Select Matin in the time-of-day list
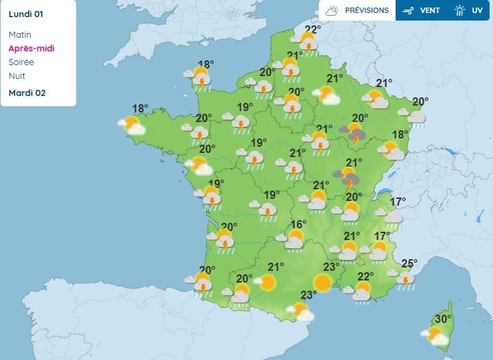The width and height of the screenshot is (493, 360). point(20,34)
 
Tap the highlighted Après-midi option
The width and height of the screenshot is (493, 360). point(32,48)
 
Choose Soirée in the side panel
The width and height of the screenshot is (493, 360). point(21,62)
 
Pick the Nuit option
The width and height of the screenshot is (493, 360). point(16,75)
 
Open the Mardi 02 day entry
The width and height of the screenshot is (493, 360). point(27,93)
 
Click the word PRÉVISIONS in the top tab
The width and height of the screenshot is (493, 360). point(367,10)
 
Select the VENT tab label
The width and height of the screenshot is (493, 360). point(429,10)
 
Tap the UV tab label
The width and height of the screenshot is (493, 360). point(477,10)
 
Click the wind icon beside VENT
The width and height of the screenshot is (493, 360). point(409,10)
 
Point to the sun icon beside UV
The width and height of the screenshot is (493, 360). point(460,10)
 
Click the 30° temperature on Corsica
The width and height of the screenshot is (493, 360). point(444,319)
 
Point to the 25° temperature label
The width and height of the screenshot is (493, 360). point(409,263)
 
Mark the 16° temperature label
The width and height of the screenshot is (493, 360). point(298,225)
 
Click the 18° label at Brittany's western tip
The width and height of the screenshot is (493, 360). point(140,108)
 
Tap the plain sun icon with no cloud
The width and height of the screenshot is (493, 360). point(322,282)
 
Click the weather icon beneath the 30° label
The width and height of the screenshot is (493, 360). point(435,336)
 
